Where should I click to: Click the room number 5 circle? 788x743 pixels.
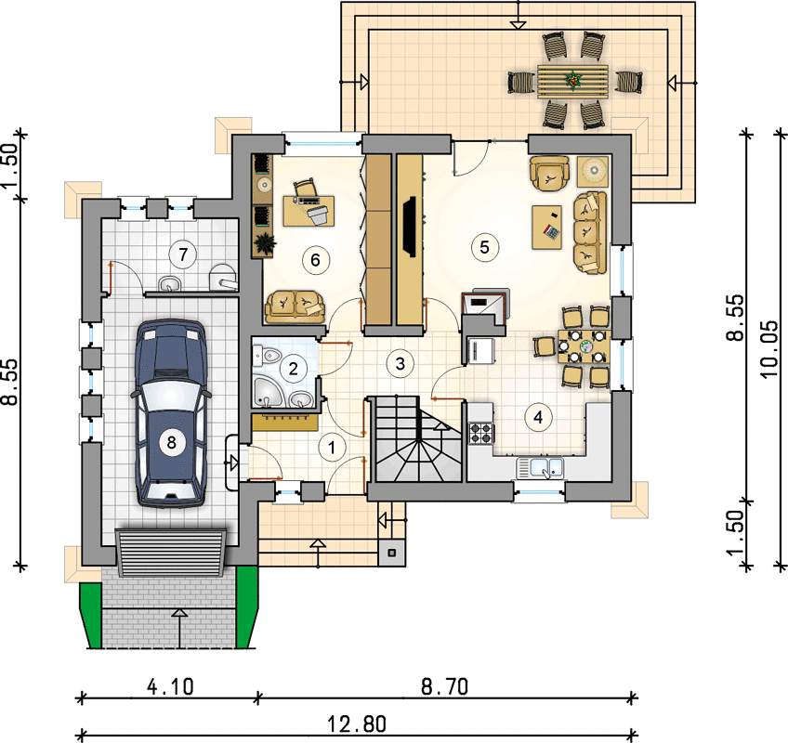click(x=484, y=247)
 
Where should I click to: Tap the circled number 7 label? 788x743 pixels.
click(x=183, y=254)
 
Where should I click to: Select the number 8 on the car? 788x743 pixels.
click(x=171, y=443)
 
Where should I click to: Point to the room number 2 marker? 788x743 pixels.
click(x=294, y=370)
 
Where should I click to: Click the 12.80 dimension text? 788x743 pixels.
click(x=358, y=724)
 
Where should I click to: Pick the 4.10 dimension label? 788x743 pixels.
click(x=170, y=686)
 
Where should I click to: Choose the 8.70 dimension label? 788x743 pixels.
click(x=444, y=686)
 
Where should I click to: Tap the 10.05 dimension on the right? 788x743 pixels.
click(x=769, y=348)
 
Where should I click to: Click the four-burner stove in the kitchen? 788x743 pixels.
click(x=480, y=433)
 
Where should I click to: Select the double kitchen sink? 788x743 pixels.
click(x=540, y=467)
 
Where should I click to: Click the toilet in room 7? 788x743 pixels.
click(x=222, y=278)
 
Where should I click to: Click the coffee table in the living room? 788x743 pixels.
click(x=546, y=227)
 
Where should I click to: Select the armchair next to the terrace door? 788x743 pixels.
click(x=549, y=174)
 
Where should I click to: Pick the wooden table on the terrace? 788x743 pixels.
click(x=572, y=81)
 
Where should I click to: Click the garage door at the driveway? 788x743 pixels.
click(x=171, y=552)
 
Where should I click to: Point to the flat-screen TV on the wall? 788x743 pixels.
click(x=409, y=227)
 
